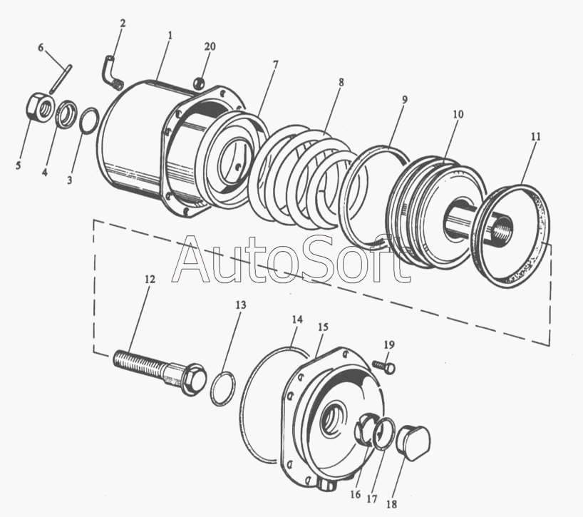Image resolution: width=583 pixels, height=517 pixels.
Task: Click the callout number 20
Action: [x=210, y=47]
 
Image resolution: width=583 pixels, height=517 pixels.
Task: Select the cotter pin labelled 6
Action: [x=61, y=78]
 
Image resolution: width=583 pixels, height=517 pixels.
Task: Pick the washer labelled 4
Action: [x=67, y=113]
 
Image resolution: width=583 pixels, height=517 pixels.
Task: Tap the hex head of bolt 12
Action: [x=194, y=379]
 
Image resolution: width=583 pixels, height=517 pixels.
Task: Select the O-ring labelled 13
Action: [x=223, y=389]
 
